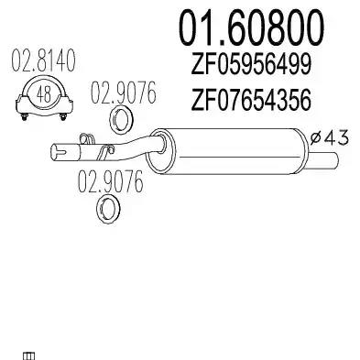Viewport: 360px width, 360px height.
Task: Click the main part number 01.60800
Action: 251,27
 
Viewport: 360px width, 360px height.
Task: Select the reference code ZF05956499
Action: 251,64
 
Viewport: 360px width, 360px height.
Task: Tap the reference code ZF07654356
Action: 251,100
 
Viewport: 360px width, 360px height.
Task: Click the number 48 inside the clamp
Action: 43,94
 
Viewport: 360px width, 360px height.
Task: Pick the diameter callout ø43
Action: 329,138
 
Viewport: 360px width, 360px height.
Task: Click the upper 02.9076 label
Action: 123,92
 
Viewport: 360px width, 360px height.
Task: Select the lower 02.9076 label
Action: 111,181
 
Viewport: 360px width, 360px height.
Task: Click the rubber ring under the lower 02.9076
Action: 108,210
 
